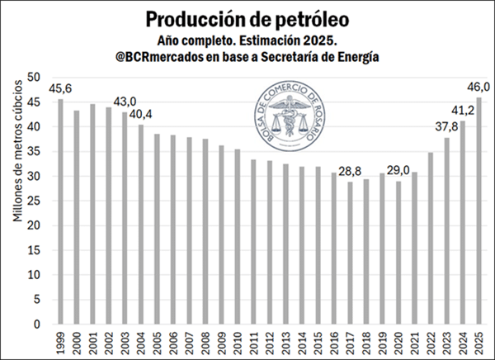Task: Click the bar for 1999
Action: (x=60, y=211)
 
